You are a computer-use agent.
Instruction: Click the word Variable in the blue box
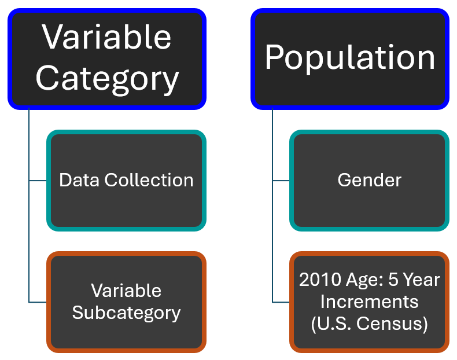[107, 38]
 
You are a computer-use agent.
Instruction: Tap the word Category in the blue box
[107, 78]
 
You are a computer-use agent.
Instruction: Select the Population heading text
[350, 58]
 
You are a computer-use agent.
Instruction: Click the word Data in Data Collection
[80, 180]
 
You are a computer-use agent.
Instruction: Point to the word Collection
[149, 180]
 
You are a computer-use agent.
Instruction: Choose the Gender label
[369, 180]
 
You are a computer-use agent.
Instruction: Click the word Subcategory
[126, 313]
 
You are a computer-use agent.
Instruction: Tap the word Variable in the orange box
[126, 291]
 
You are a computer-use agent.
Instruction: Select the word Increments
[369, 302]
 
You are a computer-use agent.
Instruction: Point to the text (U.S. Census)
[369, 324]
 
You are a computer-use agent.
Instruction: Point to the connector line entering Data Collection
[38, 181]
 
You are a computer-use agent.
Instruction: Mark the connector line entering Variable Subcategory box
[38, 302]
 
